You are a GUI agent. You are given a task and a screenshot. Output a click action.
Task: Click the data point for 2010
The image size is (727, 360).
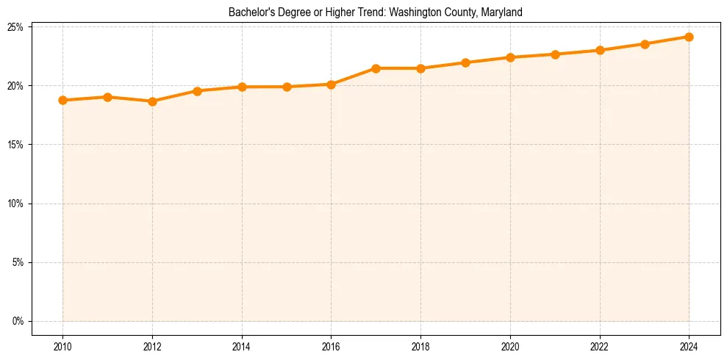point(62,100)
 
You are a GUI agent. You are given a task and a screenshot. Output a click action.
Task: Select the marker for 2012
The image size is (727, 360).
point(152,101)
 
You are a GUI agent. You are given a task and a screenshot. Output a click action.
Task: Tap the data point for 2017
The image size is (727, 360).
point(376,68)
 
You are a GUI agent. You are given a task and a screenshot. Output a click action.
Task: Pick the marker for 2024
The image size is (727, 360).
point(689,37)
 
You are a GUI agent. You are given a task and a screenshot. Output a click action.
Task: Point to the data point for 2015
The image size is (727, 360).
point(287,87)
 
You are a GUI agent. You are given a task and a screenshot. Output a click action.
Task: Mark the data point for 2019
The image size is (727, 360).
point(465,62)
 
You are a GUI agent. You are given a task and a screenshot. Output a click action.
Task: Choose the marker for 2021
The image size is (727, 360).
point(555,54)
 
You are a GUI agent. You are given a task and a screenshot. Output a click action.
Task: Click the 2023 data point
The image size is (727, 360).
point(645,44)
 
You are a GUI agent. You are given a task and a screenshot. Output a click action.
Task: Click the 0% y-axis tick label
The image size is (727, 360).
point(18,321)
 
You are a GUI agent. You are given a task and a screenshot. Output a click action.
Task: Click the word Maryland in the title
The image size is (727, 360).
point(501,12)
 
